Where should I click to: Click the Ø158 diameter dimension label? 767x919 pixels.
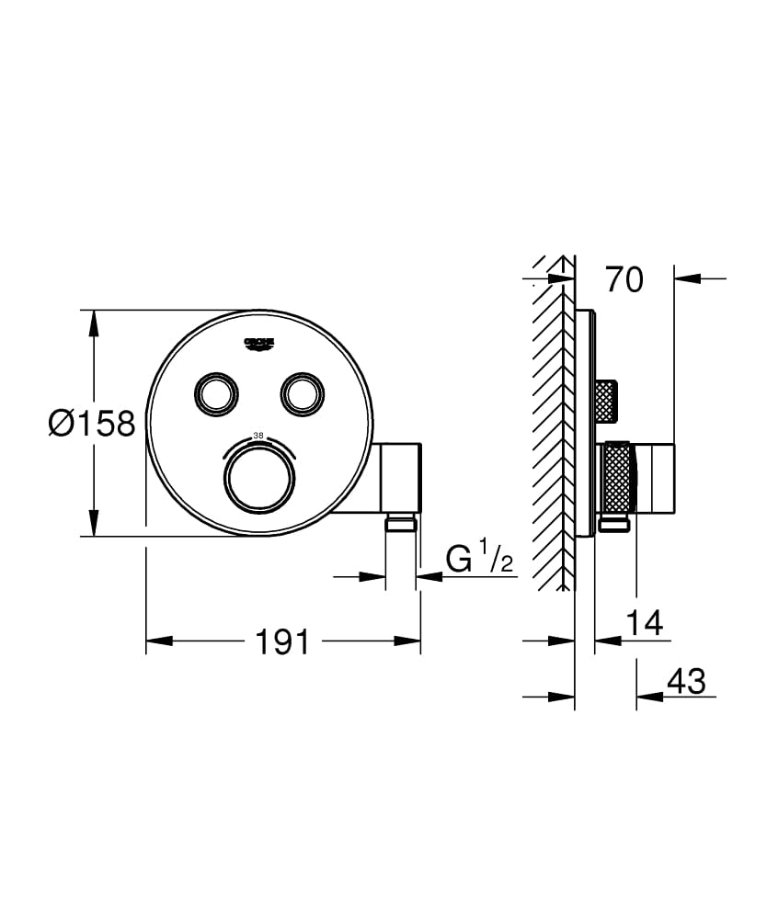92,424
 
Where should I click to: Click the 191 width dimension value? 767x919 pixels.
283,642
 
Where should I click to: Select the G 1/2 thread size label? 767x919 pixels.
479,559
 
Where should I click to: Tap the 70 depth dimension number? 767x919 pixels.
624,279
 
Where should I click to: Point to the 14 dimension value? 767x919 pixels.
644,623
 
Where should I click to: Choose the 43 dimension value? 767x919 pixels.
685,681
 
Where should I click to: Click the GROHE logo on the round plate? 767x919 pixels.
259,344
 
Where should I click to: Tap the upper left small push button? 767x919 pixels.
213,393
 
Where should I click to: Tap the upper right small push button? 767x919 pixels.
302,393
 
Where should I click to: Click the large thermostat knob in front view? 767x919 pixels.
260,475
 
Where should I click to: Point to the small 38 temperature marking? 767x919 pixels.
258,435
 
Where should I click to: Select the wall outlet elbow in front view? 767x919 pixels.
401,478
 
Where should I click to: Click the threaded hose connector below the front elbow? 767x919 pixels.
401,525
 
